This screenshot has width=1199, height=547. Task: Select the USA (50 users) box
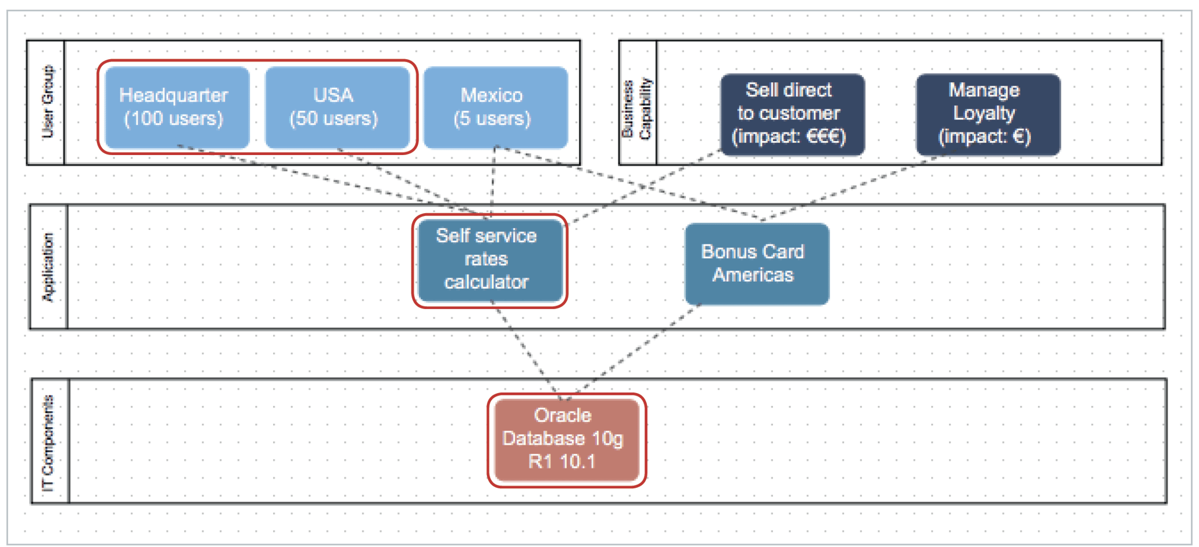337,107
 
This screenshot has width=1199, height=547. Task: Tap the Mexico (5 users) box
495,107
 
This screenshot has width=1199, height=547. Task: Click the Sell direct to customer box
792,114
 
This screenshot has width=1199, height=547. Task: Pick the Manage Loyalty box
987,114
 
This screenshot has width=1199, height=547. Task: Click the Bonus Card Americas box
756,264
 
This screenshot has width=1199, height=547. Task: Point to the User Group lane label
46,102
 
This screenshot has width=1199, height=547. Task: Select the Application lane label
48,267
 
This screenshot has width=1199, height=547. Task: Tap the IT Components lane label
49,442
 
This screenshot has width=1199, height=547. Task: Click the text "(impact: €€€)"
789,137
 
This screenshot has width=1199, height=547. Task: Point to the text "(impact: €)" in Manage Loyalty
984,137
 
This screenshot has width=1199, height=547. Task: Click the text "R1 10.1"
561,462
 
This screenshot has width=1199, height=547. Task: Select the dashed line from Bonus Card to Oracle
639,346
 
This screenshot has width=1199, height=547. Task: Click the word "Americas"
753,275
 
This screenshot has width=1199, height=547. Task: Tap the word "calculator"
486,282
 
